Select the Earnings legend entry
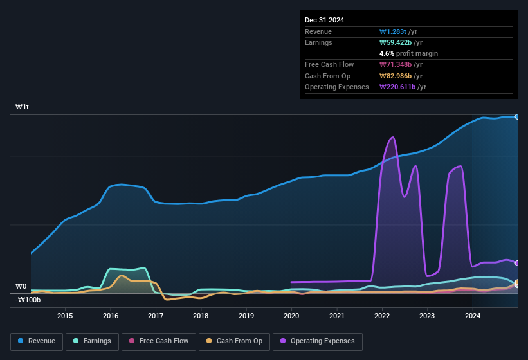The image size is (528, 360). coord(91,341)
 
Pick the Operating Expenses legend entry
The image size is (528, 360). coord(318,341)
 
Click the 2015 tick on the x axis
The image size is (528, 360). coord(65,315)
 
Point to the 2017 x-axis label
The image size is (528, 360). coord(156,315)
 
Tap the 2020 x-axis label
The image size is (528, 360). coord(291,315)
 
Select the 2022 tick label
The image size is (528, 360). coord(382,315)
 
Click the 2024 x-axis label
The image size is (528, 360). coord(473,315)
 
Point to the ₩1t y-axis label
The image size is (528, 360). coord(23,107)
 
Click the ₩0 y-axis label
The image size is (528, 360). coord(21,287)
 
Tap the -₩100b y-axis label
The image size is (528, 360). coord(28,300)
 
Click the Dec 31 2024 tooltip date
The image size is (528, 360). coord(324,20)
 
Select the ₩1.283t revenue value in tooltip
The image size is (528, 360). coord(394,32)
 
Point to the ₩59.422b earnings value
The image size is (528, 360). coord(397,42)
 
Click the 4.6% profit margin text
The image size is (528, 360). coord(408,53)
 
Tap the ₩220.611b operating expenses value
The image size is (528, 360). coord(399,87)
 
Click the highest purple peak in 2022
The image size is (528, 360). coord(392,137)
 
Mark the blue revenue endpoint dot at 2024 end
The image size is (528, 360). coord(516,116)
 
